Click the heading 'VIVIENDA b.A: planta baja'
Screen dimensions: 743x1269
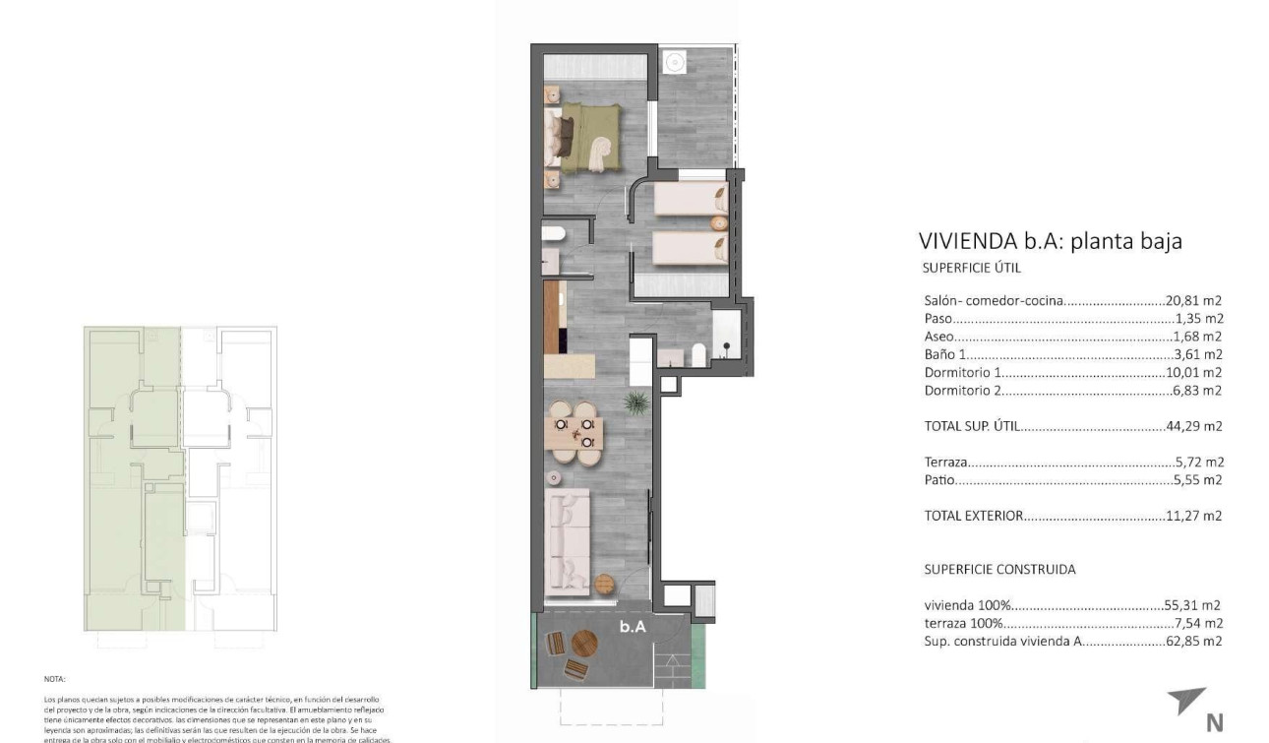point(1050,241)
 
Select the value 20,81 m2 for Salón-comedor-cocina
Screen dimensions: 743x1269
point(1194,301)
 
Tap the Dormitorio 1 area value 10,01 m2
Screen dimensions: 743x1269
point(1194,373)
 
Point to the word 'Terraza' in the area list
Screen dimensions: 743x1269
point(945,462)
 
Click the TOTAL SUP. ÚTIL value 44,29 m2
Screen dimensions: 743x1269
point(1194,426)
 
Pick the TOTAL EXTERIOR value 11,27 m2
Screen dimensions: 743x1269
point(1194,516)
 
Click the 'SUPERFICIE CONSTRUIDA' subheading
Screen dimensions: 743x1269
point(999,570)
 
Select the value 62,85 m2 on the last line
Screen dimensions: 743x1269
point(1194,642)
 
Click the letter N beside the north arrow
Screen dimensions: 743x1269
point(1215,723)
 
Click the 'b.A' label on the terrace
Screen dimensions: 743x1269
point(633,626)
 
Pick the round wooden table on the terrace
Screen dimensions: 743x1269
point(584,645)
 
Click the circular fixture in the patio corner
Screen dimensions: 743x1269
point(675,62)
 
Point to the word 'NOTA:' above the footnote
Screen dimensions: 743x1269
point(53,679)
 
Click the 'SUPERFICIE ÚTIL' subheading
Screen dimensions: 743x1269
point(973,268)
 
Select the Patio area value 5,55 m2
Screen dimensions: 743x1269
point(1197,480)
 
